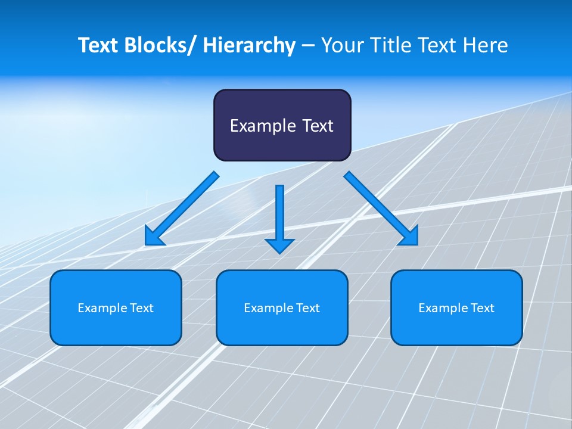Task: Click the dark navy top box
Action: point(282,125)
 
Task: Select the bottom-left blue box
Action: point(116,307)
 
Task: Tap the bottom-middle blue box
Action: point(282,307)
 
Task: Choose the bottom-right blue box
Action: point(456,307)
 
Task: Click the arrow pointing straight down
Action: point(279,214)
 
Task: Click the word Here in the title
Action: point(486,45)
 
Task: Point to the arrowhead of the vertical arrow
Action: point(279,245)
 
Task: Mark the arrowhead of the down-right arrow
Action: point(410,237)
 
